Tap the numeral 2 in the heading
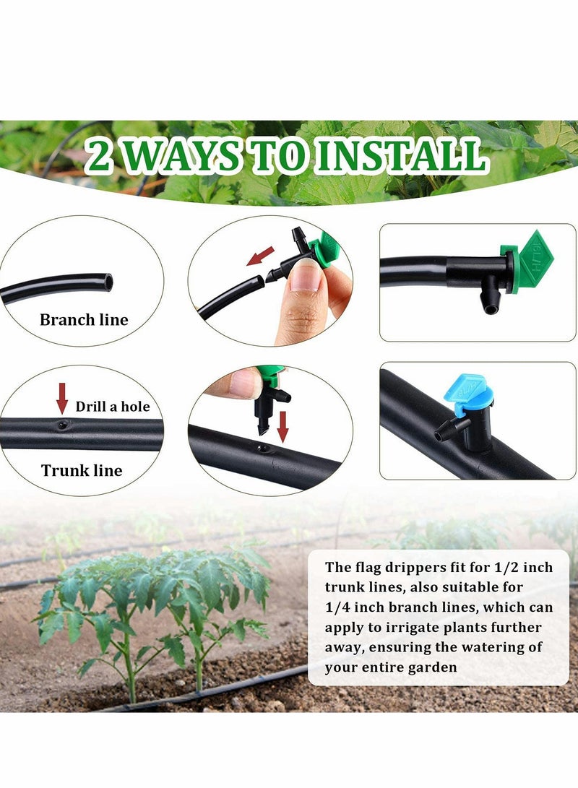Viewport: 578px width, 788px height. click(99, 157)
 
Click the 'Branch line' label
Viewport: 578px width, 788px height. click(84, 320)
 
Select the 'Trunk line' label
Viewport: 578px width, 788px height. click(82, 471)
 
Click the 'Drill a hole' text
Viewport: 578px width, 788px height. click(113, 407)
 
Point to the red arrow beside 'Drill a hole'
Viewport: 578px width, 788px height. click(62, 398)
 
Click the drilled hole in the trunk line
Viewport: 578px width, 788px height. click(62, 425)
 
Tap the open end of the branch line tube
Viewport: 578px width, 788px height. click(108, 282)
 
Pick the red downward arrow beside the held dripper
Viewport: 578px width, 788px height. click(283, 427)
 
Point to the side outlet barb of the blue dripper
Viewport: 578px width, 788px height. click(442, 434)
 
